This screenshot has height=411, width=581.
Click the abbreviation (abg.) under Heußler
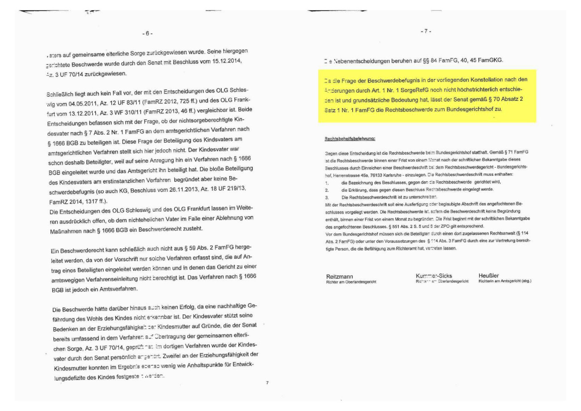(x=524, y=281)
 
